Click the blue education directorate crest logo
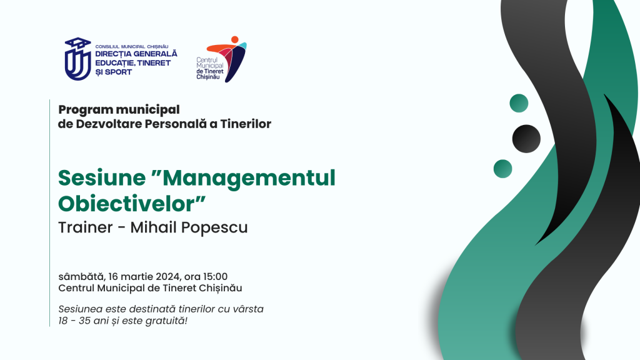click(77, 59)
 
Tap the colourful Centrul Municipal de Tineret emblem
click(227, 59)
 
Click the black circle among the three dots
click(526, 139)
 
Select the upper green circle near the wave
click(519, 103)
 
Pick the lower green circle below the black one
click(503, 169)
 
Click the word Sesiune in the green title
click(102, 178)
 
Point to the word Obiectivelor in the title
click(131, 203)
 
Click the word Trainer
click(85, 227)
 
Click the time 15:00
click(215, 277)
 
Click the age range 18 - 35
click(74, 321)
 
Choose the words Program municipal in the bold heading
click(119, 110)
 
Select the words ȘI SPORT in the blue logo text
click(114, 72)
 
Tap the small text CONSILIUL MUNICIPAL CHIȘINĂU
click(131, 46)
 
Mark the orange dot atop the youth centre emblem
click(235, 39)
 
